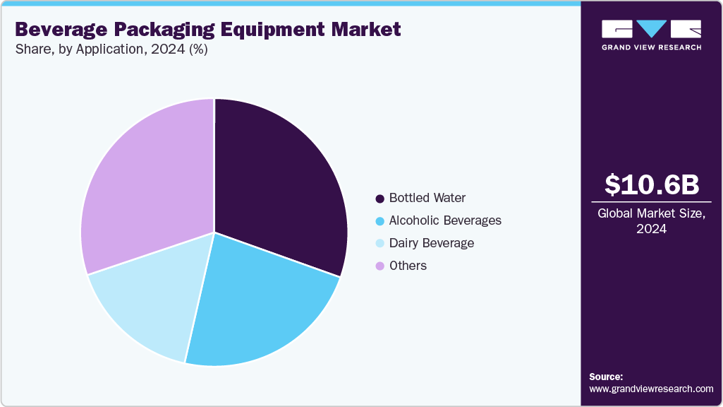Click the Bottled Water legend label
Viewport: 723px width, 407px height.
coord(427,198)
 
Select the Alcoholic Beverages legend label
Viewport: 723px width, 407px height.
coord(445,220)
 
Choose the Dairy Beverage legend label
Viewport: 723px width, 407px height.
coord(432,243)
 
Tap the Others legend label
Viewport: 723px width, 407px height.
coord(408,266)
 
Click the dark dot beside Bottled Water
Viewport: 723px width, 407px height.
coord(380,199)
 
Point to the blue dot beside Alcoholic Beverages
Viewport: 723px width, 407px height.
coord(380,221)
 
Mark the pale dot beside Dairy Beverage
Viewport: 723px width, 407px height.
coord(380,244)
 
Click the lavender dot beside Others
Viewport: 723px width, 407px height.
coord(380,266)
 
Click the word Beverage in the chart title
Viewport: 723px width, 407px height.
coord(57,30)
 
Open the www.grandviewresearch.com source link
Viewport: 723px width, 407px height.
coord(651,389)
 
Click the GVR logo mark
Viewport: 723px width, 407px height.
coord(651,28)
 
